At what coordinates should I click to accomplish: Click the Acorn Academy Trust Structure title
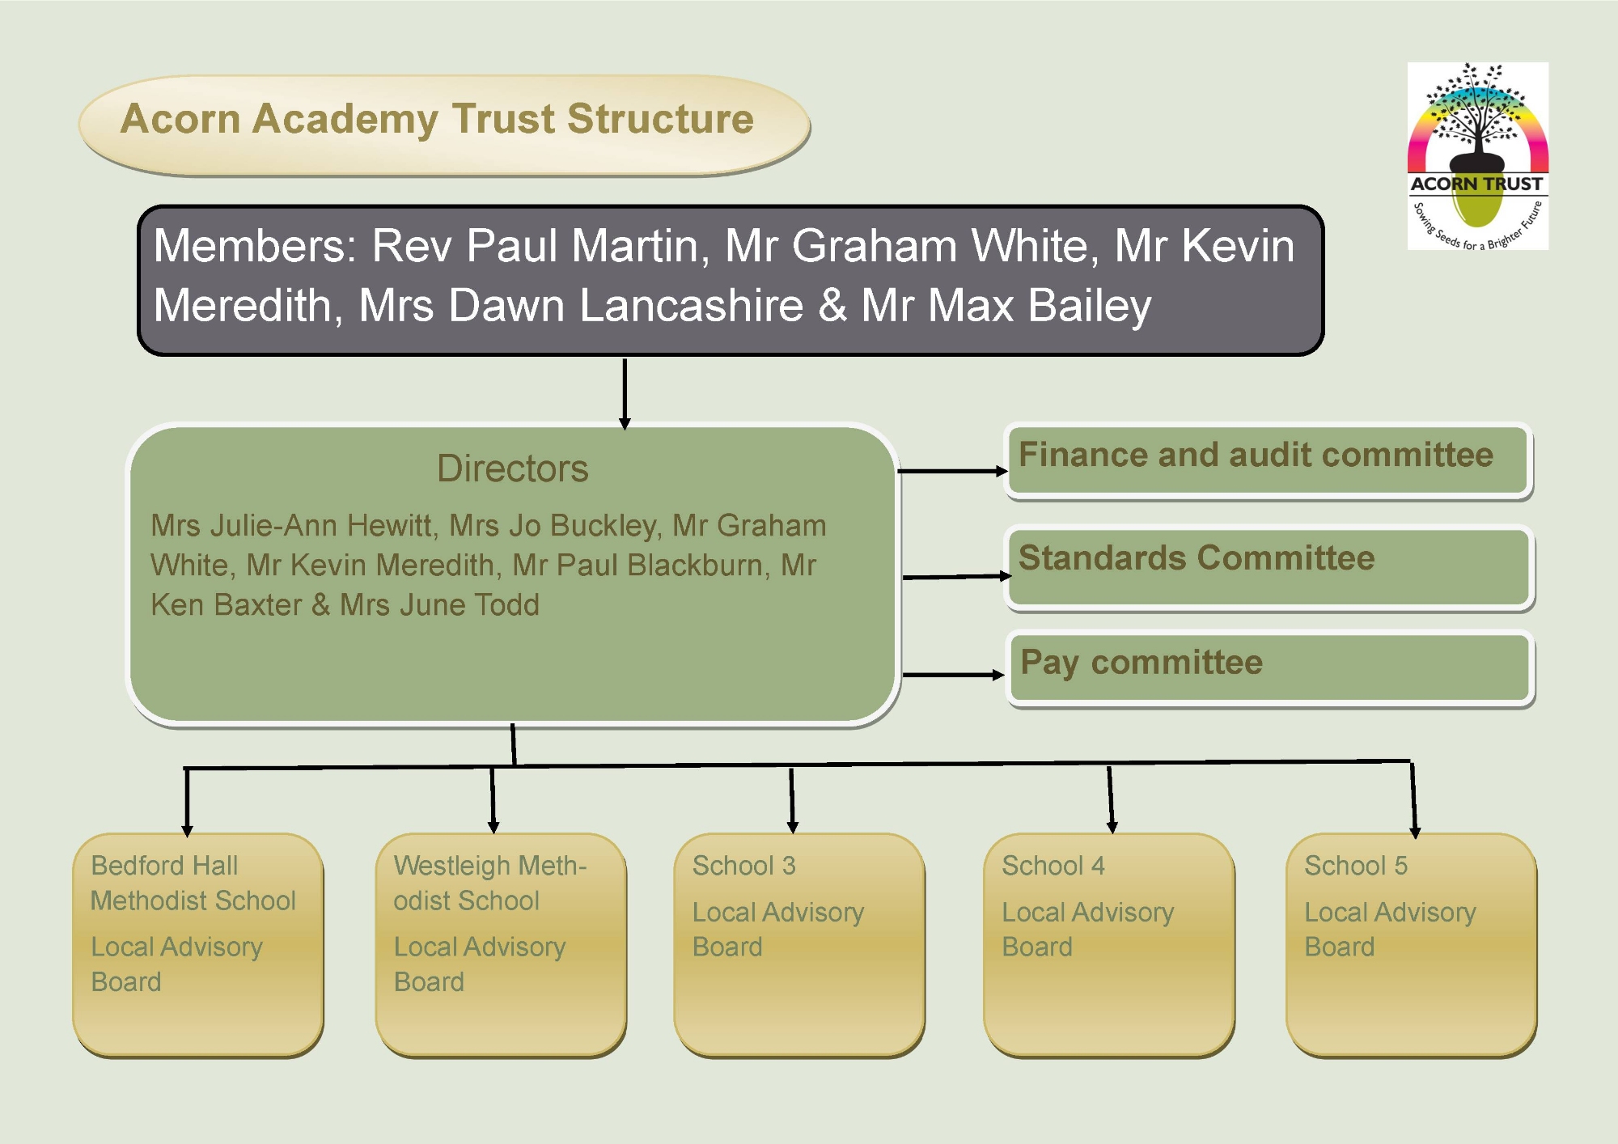(437, 119)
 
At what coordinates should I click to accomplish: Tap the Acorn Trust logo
(1478, 156)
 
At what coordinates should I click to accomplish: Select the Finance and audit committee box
(1269, 461)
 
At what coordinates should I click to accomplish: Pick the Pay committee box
(1270, 669)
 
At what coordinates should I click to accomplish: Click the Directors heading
(513, 468)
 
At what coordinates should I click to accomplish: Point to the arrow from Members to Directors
(625, 394)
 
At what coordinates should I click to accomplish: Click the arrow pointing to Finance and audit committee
(952, 470)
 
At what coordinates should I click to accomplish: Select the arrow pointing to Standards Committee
(957, 577)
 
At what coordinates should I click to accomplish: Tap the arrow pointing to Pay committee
(954, 674)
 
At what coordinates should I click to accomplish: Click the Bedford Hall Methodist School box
(198, 945)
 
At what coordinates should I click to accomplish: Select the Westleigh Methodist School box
(501, 945)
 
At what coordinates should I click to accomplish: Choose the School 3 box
(799, 945)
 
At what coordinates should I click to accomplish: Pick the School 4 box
(1109, 945)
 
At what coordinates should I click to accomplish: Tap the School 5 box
(1412, 945)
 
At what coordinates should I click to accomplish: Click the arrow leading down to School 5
(1413, 799)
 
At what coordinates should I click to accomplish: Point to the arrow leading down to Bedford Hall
(187, 802)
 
